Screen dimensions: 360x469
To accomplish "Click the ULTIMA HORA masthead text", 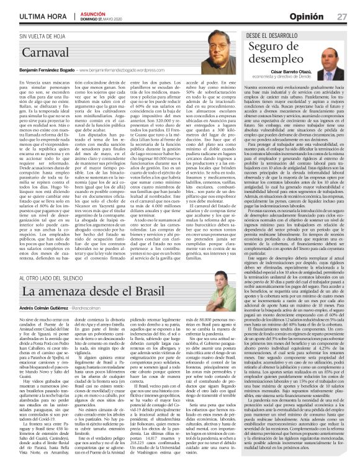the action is pos(27,15).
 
